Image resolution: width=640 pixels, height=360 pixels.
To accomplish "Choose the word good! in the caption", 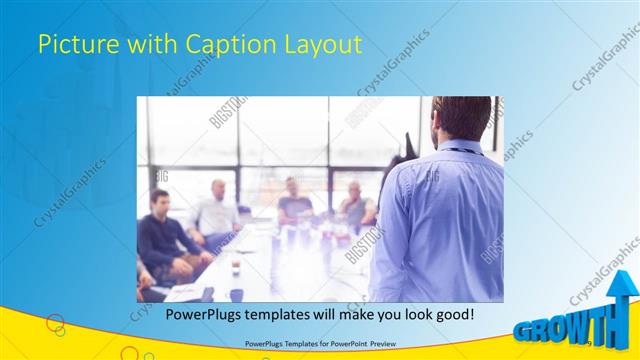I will coord(452,314).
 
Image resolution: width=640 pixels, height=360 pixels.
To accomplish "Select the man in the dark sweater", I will coord(160,235).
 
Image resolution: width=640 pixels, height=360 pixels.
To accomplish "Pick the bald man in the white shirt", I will coord(217,210).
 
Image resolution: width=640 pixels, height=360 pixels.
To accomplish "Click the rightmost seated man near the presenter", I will coord(355,205).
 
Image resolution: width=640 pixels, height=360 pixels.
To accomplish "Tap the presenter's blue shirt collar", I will coord(462,148).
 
